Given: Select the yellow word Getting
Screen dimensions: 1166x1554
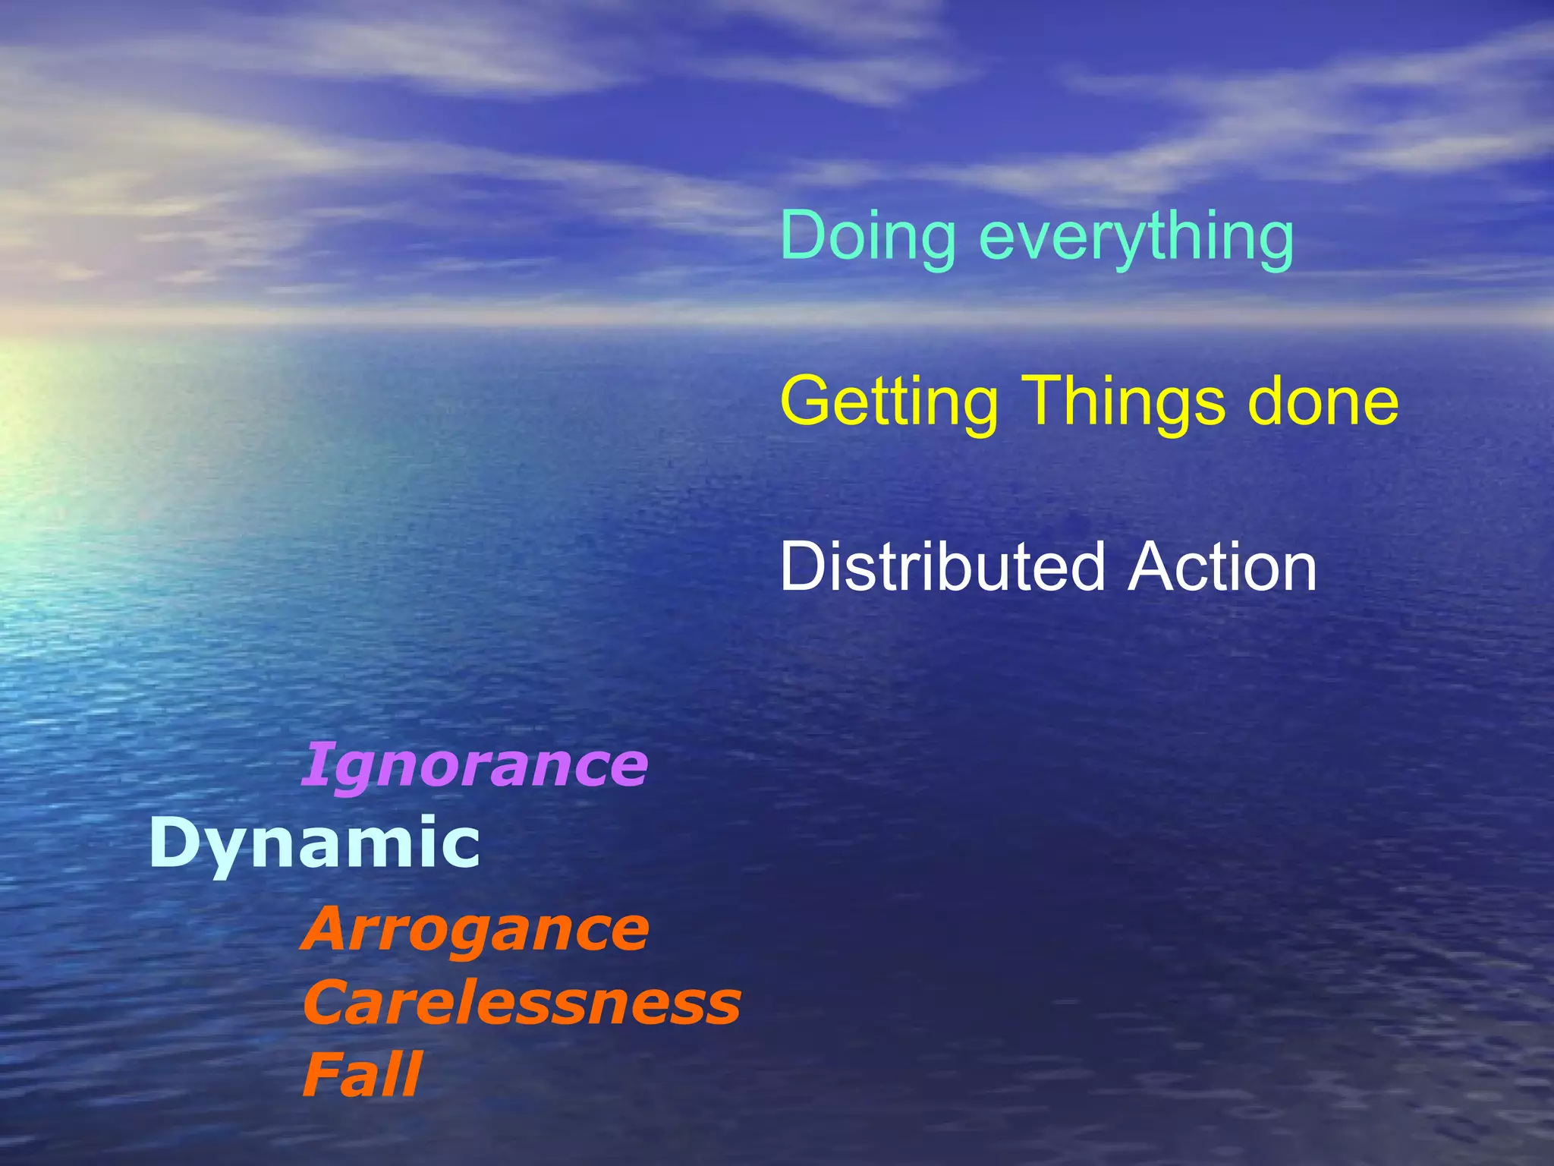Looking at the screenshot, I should click(x=889, y=402).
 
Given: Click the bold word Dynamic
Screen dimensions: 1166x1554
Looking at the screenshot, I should click(x=314, y=844).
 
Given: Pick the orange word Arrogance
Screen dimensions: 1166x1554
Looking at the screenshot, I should click(x=475, y=929).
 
